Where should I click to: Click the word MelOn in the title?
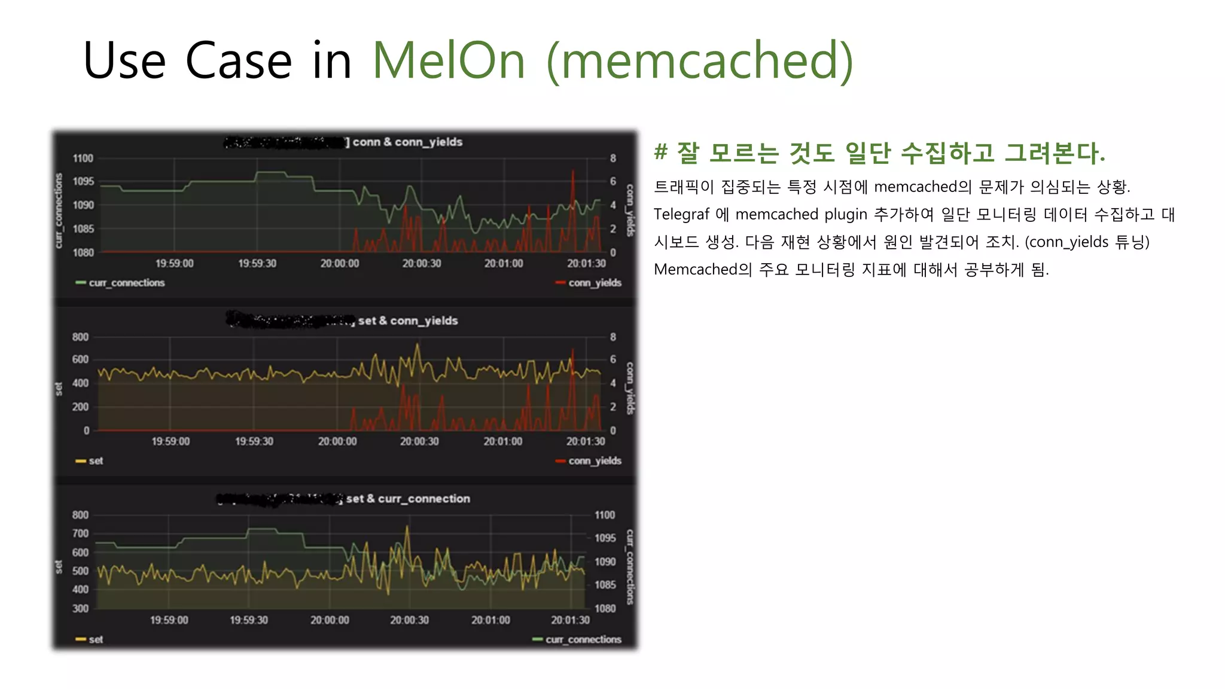pyautogui.click(x=449, y=60)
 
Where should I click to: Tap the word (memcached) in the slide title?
pyautogui.click(x=700, y=60)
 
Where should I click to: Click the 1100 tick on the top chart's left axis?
pyautogui.click(x=83, y=158)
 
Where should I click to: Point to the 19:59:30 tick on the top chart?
pyautogui.click(x=257, y=263)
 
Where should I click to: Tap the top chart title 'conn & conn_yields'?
pyautogui.click(x=407, y=142)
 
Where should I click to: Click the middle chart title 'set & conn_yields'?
pyautogui.click(x=408, y=321)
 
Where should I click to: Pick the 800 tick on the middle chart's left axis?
pyautogui.click(x=81, y=337)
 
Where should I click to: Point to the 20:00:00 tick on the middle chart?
pyautogui.click(x=337, y=441)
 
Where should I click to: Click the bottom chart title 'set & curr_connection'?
pyautogui.click(x=408, y=499)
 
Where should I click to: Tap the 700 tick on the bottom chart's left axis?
pyautogui.click(x=81, y=533)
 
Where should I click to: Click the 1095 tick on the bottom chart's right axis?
pyautogui.click(x=605, y=538)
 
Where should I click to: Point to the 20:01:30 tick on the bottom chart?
pyautogui.click(x=571, y=620)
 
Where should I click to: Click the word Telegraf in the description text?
pyautogui.click(x=682, y=214)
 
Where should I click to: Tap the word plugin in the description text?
pyautogui.click(x=846, y=214)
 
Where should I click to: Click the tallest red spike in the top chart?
pyautogui.click(x=572, y=173)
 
